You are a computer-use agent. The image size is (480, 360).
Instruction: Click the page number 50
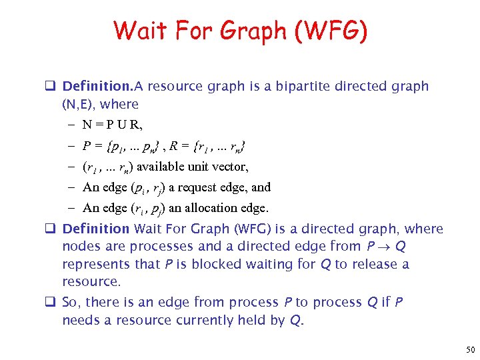click(471, 349)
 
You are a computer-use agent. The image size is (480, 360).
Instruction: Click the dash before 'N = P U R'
click(71, 125)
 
